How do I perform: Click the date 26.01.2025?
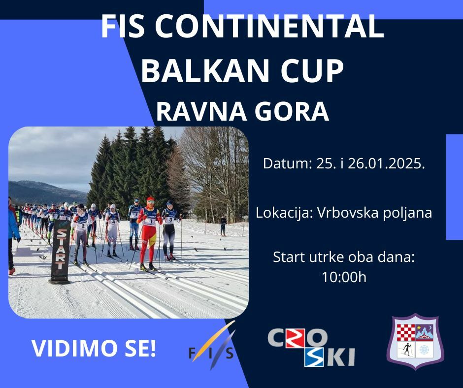[386, 163]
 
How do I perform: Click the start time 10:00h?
[344, 277]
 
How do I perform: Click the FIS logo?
[212, 346]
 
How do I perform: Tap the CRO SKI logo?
[311, 347]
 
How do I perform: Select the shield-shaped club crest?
[415, 342]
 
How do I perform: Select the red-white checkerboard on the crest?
[405, 332]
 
